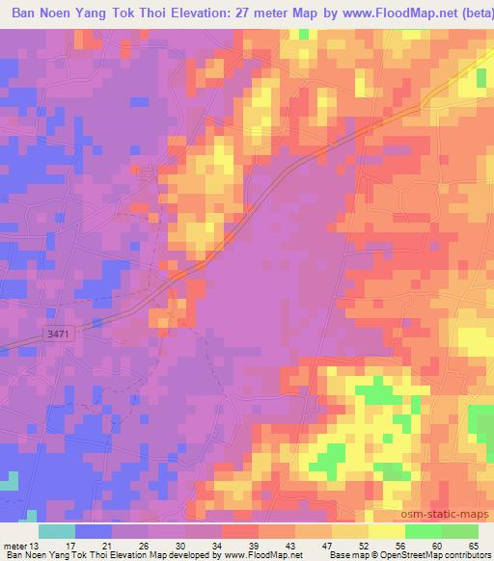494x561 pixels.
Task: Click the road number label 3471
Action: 59,334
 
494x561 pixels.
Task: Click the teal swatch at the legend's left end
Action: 57,531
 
